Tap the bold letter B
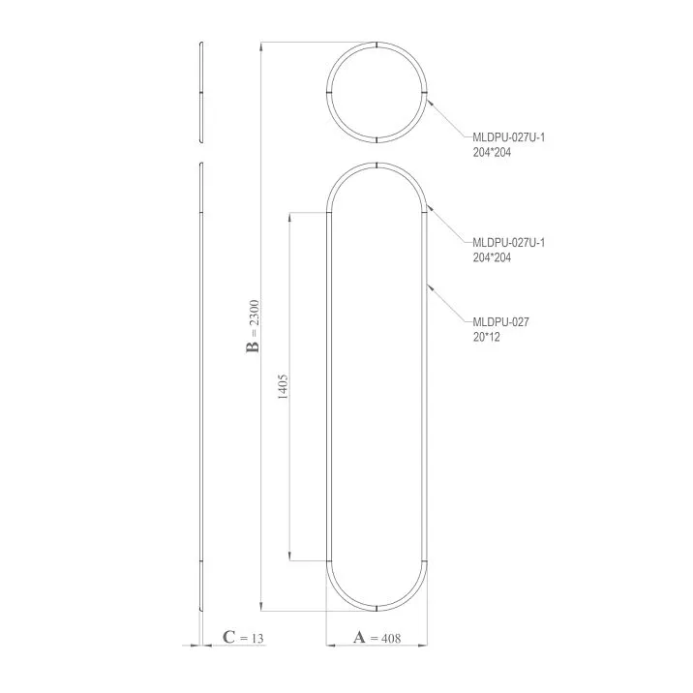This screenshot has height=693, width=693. (x=253, y=346)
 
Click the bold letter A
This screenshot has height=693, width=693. (x=359, y=638)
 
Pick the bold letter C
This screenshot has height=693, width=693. (x=228, y=638)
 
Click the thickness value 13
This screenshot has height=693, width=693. (x=256, y=638)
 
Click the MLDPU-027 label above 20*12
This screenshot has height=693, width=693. (x=498, y=322)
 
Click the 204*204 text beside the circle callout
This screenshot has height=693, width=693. (x=492, y=152)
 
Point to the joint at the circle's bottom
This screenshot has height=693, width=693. (x=377, y=139)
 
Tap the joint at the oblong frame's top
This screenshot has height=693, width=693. (x=377, y=166)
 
